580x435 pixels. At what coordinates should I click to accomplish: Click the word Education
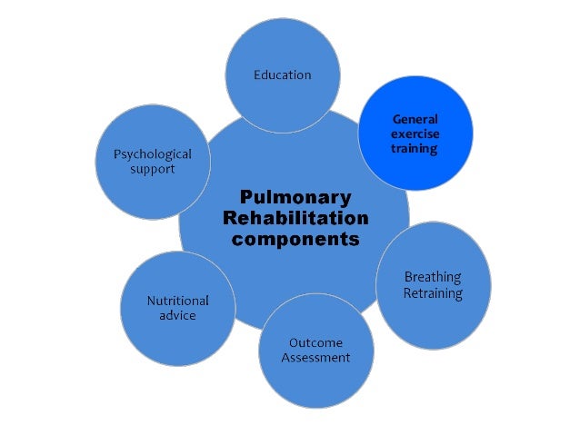pyautogui.click(x=282, y=74)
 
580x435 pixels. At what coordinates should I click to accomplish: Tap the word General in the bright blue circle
pyautogui.click(x=415, y=119)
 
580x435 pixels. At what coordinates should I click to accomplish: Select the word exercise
pyautogui.click(x=415, y=133)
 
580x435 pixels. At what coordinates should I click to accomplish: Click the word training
pyautogui.click(x=415, y=148)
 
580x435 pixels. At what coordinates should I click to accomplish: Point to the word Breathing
pyautogui.click(x=433, y=277)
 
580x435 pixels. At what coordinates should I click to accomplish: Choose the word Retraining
pyautogui.click(x=433, y=293)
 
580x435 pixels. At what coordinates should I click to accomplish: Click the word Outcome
pyautogui.click(x=315, y=342)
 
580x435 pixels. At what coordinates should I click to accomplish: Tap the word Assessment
pyautogui.click(x=315, y=358)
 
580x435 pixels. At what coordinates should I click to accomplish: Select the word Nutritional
pyautogui.click(x=178, y=301)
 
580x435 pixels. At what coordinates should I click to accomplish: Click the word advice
pyautogui.click(x=178, y=316)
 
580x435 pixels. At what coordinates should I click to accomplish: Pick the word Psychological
pyautogui.click(x=153, y=154)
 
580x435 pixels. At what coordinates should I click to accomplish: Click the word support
pyautogui.click(x=153, y=170)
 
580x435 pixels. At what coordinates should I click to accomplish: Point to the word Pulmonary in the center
pyautogui.click(x=295, y=197)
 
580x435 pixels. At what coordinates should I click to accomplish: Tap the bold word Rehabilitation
pyautogui.click(x=295, y=219)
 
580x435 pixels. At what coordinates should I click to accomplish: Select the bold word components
pyautogui.click(x=295, y=241)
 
